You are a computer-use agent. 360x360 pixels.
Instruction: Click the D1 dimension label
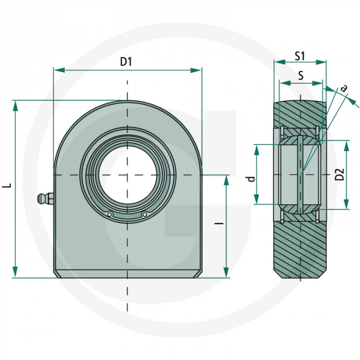tap(126, 62)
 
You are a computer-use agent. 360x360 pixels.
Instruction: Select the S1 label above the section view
tap(300, 56)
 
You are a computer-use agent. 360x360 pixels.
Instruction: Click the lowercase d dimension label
tap(252, 179)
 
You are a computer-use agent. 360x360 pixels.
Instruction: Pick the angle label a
tap(344, 88)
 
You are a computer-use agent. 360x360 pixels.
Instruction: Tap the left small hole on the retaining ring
tap(110, 214)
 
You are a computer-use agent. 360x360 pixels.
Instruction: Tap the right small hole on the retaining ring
tap(145, 214)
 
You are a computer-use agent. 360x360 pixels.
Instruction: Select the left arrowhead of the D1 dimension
tap(59, 70)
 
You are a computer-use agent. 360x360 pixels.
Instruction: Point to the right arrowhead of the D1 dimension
tap(196, 70)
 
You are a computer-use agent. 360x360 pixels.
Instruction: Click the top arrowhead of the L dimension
tap(15, 106)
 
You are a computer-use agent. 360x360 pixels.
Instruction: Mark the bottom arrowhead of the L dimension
tap(15, 272)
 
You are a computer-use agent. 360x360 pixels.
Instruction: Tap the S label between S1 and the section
tap(300, 75)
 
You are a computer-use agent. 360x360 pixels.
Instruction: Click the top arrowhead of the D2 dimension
tap(347, 146)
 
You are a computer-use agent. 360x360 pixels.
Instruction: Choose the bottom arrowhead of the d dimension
tap(257, 199)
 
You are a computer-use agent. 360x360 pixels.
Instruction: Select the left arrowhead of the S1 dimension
tap(280, 62)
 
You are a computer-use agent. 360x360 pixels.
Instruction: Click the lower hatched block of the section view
tap(300, 249)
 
